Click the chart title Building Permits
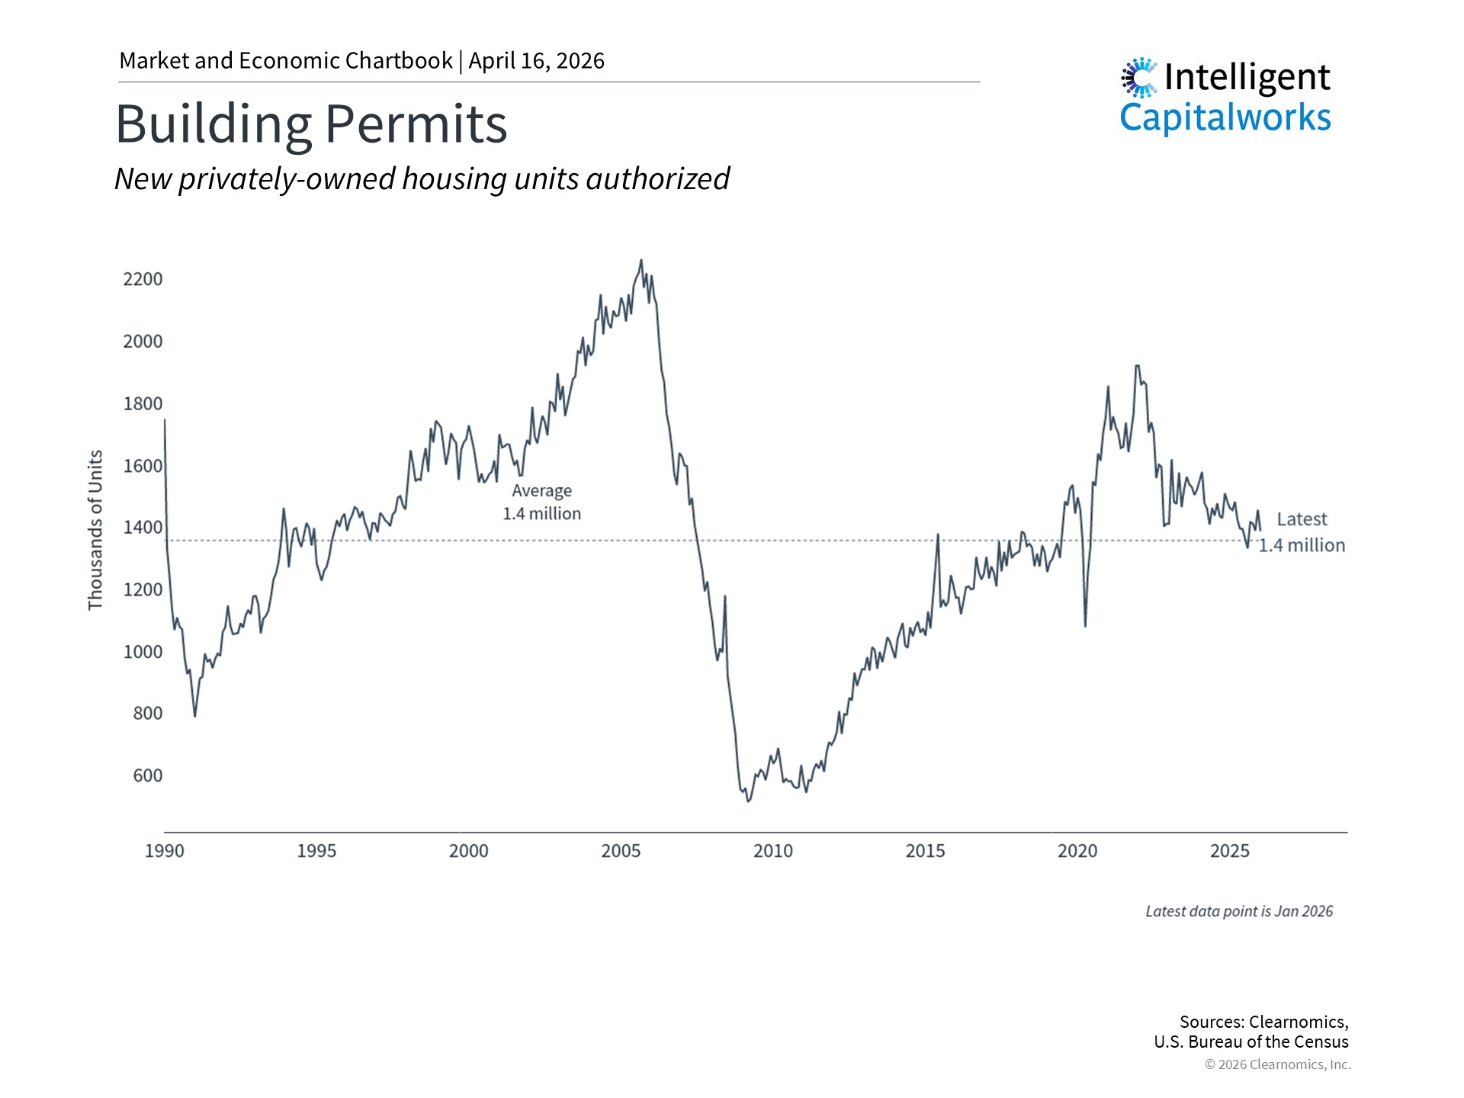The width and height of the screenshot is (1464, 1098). [x=311, y=124]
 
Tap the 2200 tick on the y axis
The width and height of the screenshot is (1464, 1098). [x=143, y=279]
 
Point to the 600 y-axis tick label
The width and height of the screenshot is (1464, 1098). [x=147, y=775]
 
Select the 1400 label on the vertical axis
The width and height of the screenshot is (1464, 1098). [x=143, y=528]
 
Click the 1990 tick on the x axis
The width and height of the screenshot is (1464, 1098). [x=165, y=851]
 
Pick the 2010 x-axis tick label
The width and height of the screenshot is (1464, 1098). [x=773, y=851]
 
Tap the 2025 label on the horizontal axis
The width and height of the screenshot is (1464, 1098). [x=1229, y=851]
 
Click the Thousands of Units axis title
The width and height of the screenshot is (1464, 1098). [x=95, y=530]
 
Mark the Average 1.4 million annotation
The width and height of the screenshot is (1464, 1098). [x=541, y=502]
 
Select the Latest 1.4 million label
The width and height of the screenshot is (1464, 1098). [x=1302, y=532]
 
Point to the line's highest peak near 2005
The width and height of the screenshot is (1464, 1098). [x=640, y=261]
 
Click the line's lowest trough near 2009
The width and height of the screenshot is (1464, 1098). [x=748, y=801]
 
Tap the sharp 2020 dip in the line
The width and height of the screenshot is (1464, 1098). [x=1085, y=625]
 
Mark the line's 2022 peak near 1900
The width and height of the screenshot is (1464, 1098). [x=1137, y=366]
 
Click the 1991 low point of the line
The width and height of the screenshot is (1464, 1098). [x=194, y=715]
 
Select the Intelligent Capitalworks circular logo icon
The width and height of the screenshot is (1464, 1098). [x=1139, y=78]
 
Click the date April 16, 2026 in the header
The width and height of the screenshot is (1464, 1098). [x=537, y=61]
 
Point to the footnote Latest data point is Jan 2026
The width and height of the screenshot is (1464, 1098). [x=1239, y=911]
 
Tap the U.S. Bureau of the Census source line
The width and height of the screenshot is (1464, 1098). [x=1251, y=1042]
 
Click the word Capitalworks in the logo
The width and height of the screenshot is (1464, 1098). [x=1225, y=117]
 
